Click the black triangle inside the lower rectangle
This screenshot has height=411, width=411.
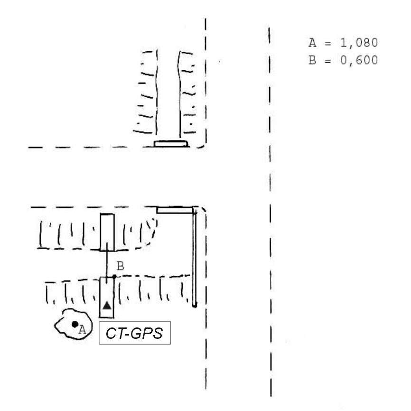(107, 305)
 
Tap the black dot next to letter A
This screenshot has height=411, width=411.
(75, 324)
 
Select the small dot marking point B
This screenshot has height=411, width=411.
(114, 277)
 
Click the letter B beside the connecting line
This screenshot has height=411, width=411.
(120, 266)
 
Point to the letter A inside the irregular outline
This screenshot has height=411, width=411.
(82, 329)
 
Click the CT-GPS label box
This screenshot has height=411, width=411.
(135, 333)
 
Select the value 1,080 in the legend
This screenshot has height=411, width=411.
(359, 43)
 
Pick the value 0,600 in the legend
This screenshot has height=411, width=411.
(359, 60)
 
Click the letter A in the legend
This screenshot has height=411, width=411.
(312, 43)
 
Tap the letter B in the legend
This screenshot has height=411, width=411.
(312, 60)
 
